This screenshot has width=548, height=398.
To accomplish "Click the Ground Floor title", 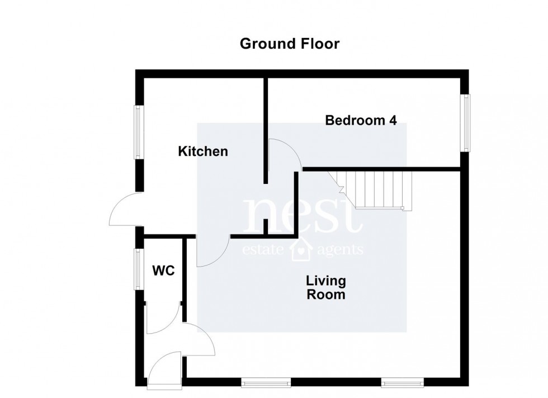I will pos(290,44).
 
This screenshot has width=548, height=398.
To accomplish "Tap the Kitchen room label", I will pos(202,151).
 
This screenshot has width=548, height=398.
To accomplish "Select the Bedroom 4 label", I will pos(361,120).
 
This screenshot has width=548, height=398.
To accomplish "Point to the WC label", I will pos(163,271).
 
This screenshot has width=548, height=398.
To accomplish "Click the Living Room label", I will pos(326,287).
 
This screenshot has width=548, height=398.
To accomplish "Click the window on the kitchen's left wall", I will pos(137,132).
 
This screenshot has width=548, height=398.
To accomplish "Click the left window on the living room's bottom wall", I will pos(266,383).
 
